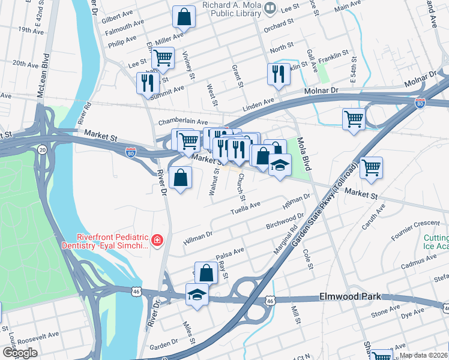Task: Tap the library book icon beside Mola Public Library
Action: (270, 8)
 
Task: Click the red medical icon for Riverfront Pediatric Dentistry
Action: (157, 241)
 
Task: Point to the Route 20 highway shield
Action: (41, 149)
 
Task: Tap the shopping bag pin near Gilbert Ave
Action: (184, 17)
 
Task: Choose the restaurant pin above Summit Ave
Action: (146, 83)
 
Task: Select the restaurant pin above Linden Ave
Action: (277, 74)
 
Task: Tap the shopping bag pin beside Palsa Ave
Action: (206, 272)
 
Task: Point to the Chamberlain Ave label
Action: (182, 122)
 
